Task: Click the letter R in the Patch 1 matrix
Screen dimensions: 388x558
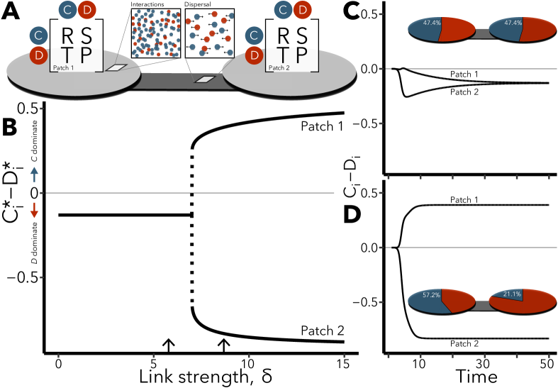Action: point(67,35)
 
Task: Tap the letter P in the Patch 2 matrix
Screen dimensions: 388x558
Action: point(301,55)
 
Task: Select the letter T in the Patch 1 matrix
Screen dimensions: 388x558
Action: point(67,55)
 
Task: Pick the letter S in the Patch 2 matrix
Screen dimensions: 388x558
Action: point(301,35)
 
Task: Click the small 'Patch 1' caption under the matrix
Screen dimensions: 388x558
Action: point(63,67)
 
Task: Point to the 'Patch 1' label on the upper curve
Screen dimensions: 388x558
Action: point(322,126)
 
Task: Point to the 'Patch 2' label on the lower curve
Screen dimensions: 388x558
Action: point(322,331)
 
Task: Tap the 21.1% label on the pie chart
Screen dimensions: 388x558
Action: point(512,294)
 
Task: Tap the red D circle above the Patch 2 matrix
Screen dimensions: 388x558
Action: point(303,10)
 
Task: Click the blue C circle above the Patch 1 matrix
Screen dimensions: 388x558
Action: point(68,10)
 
